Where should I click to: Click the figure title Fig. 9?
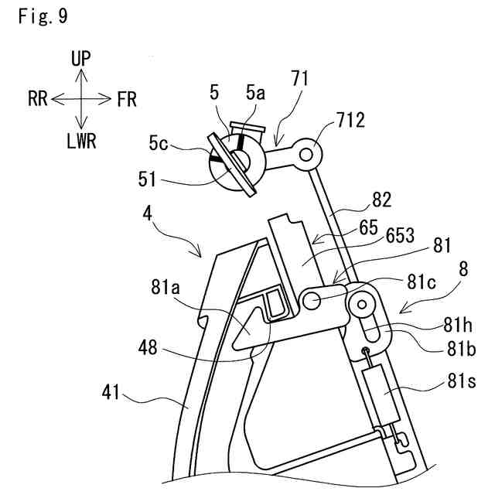click(42, 17)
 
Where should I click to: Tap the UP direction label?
click(80, 57)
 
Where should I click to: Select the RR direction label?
click(39, 98)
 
